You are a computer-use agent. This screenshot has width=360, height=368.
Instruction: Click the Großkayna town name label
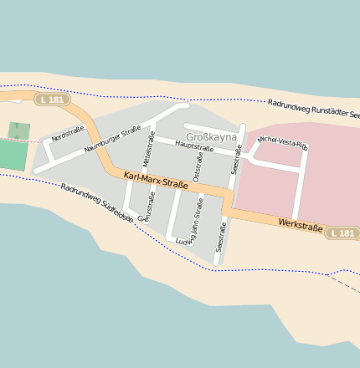pyautogui.click(x=211, y=137)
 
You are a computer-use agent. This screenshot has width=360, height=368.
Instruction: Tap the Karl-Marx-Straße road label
pyautogui.click(x=156, y=180)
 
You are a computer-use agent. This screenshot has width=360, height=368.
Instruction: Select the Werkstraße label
pyautogui.click(x=301, y=225)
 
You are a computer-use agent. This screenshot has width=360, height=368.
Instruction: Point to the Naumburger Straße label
pyautogui.click(x=112, y=141)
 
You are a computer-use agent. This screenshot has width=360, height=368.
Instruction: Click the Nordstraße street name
pyautogui.click(x=68, y=133)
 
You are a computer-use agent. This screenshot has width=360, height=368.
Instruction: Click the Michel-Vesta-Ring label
pyautogui.click(x=283, y=143)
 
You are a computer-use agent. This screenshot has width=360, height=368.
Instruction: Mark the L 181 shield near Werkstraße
pyautogui.click(x=342, y=233)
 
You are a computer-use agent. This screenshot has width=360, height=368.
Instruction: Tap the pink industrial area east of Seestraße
pyautogui.click(x=318, y=176)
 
